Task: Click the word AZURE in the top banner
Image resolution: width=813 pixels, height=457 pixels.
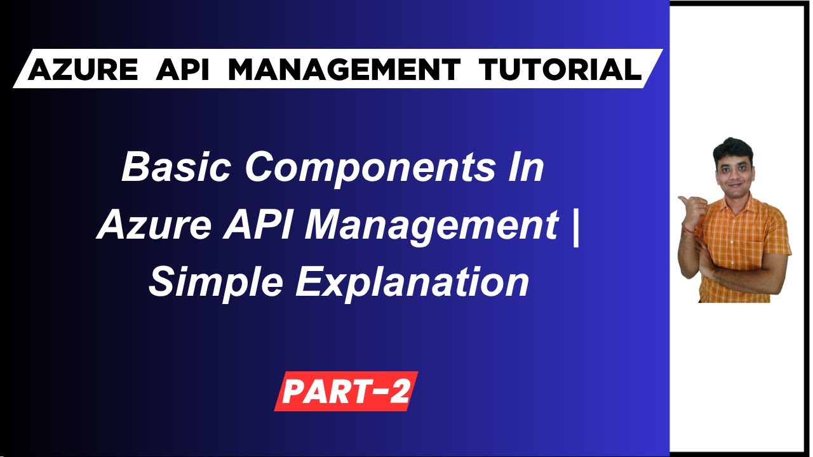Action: (83, 69)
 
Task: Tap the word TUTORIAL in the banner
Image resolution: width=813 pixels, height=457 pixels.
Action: (560, 69)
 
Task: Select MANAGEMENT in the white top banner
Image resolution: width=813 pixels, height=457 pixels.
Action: (344, 69)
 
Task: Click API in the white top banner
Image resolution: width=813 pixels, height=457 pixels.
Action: (182, 69)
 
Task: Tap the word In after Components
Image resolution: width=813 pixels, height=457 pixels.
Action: (528, 168)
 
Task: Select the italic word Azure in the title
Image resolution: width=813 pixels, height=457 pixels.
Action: (152, 225)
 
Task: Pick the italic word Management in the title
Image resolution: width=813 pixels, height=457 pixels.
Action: (432, 225)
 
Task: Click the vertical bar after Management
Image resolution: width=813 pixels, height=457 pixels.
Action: (575, 226)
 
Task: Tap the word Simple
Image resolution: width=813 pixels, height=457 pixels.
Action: (215, 282)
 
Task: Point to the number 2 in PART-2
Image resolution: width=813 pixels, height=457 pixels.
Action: (399, 392)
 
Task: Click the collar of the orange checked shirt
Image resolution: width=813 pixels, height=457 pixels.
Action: (736, 200)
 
